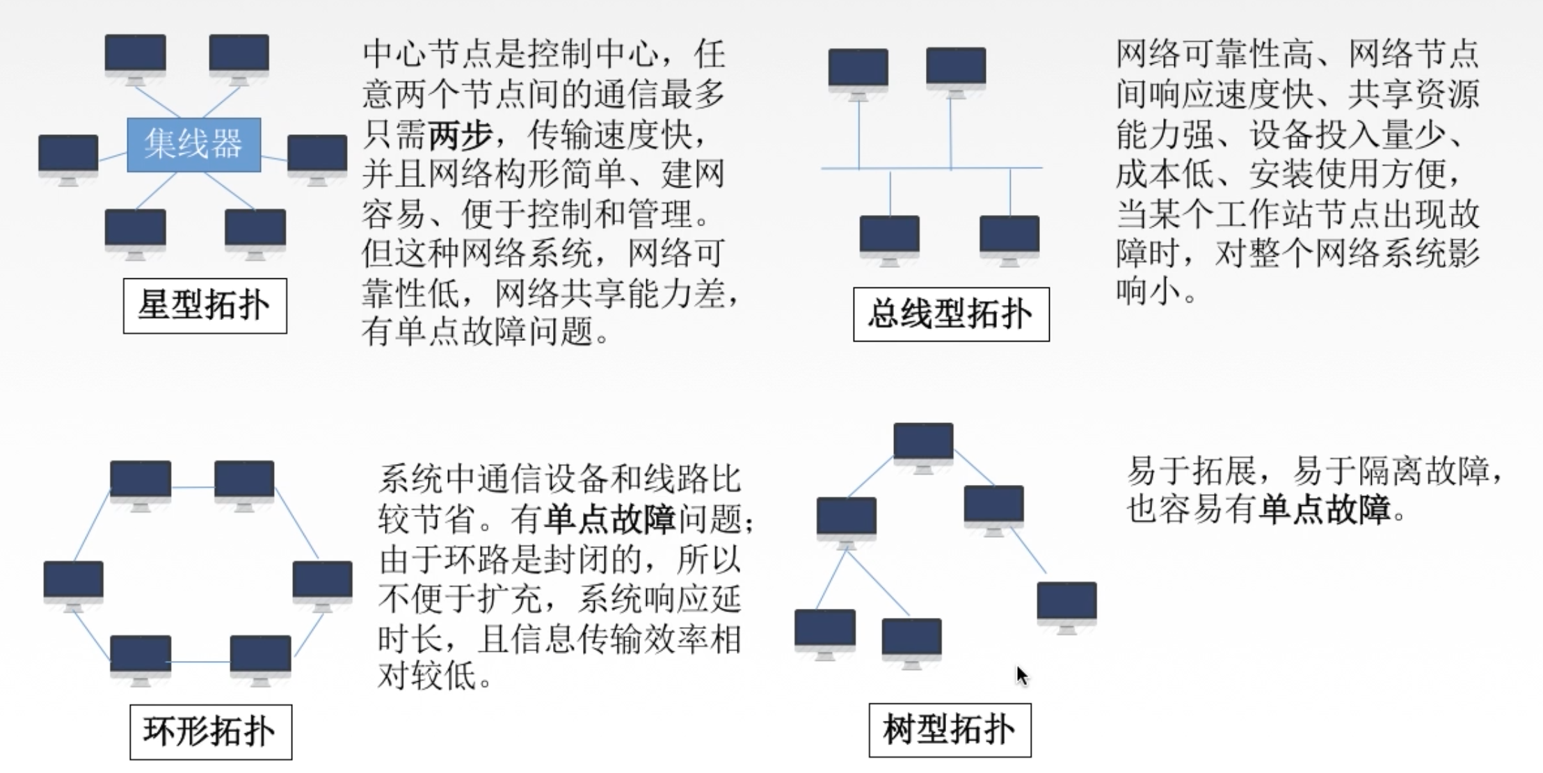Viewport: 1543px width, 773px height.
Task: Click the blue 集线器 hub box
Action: [193, 145]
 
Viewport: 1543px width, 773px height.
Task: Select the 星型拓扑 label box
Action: [205, 306]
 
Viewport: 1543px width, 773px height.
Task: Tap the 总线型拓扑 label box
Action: [951, 314]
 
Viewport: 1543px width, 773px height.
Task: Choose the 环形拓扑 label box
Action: [210, 732]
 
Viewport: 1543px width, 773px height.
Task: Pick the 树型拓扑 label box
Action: [950, 731]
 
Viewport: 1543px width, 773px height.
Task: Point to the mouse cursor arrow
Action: [1021, 675]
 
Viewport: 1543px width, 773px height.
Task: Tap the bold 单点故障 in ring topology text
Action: [610, 519]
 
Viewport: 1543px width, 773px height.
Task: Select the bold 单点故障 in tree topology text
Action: [1324, 509]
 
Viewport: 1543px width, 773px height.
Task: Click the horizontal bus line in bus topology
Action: [932, 168]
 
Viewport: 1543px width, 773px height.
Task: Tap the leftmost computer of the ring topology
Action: [73, 583]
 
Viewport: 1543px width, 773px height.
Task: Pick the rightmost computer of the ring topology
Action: [322, 583]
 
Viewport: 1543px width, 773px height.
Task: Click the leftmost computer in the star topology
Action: [68, 156]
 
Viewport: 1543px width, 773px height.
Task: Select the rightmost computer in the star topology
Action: [317, 156]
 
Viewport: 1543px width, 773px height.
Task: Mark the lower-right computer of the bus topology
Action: [1009, 237]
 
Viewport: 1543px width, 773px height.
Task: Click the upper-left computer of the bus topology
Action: [858, 70]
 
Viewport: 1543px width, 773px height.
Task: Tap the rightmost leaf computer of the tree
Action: [1066, 604]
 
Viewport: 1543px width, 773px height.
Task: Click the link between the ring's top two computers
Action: [193, 487]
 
